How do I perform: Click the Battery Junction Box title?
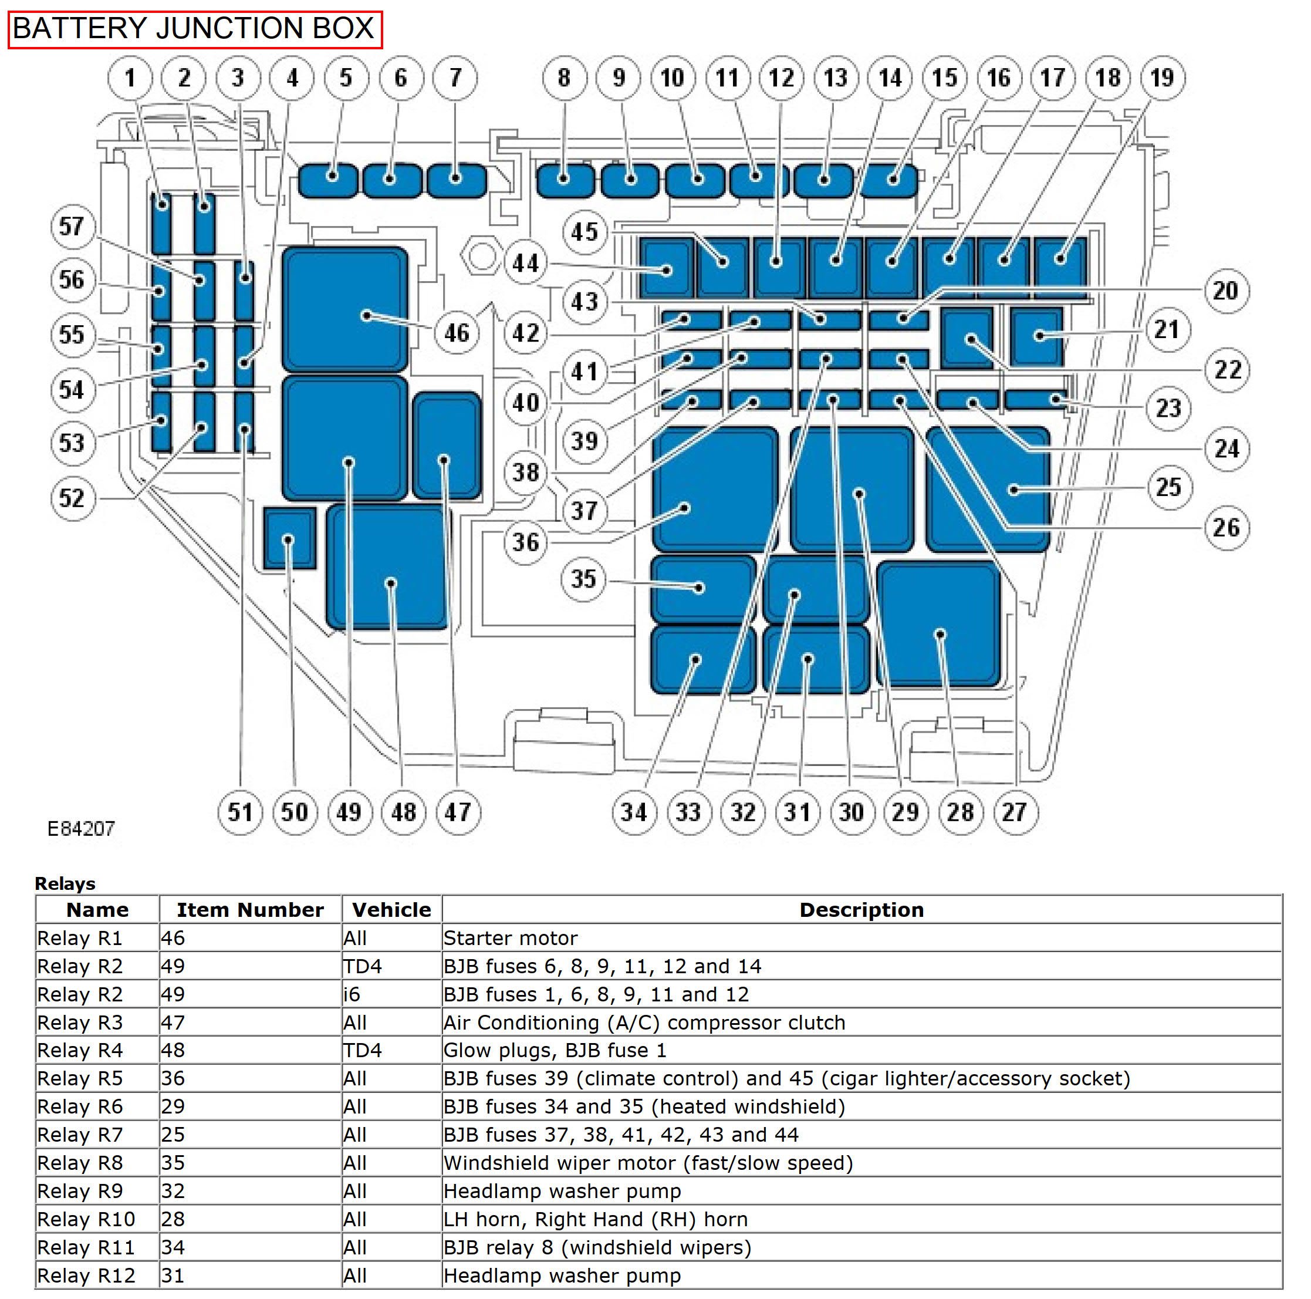click(x=194, y=29)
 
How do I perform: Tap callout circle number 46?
click(x=457, y=333)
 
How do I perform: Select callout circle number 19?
click(x=1163, y=77)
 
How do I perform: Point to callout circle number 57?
click(x=72, y=226)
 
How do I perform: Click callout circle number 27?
click(x=1015, y=812)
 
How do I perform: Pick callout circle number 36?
click(x=526, y=542)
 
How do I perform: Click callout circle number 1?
click(x=130, y=77)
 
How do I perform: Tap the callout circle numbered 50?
click(x=295, y=812)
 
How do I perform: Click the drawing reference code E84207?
click(x=81, y=828)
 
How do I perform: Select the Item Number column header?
click(x=250, y=909)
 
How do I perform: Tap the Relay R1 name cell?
click(x=80, y=938)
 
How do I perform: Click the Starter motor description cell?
click(x=511, y=938)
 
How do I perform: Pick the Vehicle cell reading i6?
click(x=352, y=994)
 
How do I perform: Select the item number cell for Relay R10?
click(x=173, y=1219)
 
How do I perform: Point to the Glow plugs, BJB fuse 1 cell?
click(x=555, y=1051)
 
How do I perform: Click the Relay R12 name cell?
click(x=86, y=1276)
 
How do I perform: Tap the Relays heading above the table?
click(x=65, y=883)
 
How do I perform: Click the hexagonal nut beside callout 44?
click(x=481, y=257)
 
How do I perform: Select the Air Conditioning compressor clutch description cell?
click(x=644, y=1022)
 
